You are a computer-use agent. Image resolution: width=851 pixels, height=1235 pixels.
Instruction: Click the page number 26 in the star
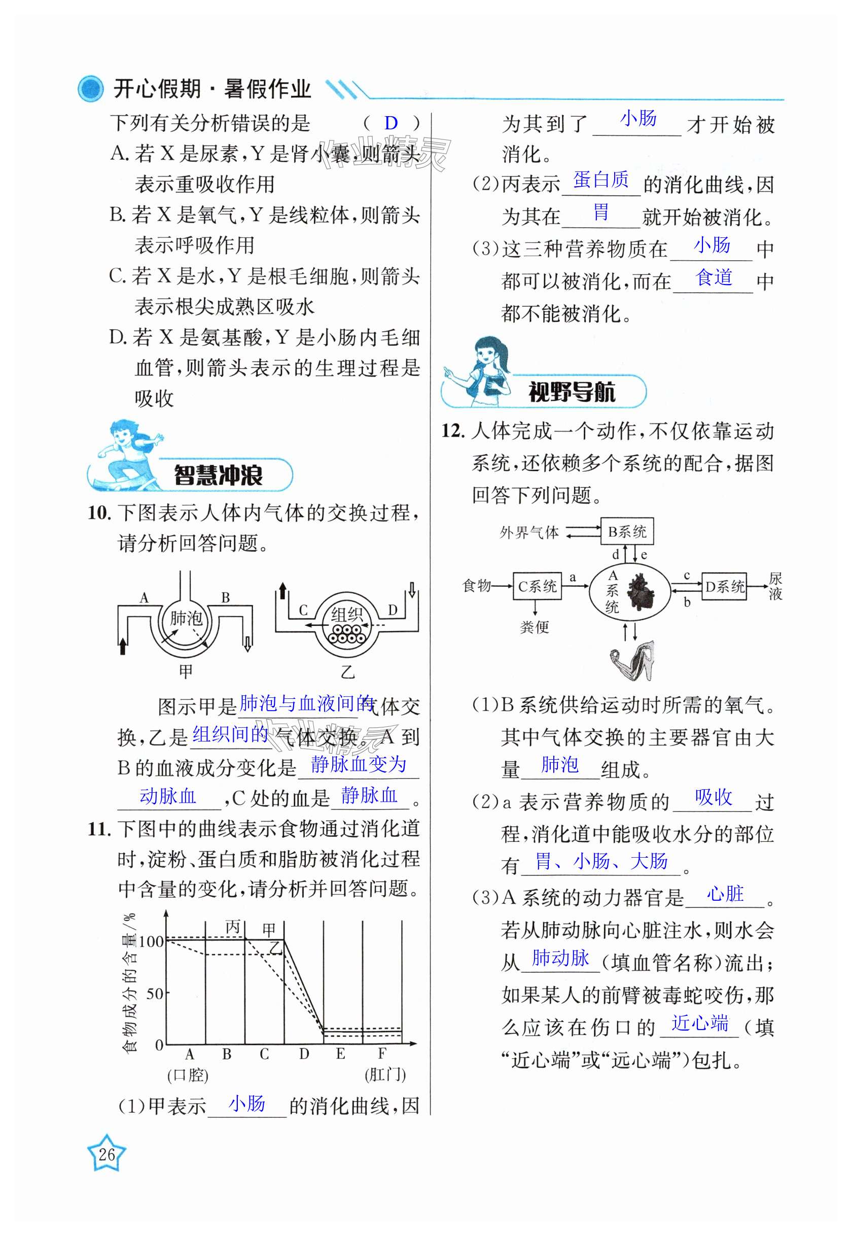click(x=107, y=1154)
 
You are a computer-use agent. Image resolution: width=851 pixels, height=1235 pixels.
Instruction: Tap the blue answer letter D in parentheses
click(x=391, y=123)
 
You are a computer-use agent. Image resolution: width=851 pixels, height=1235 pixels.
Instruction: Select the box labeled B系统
click(x=626, y=531)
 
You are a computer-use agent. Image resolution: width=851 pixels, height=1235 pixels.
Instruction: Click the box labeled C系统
click(x=537, y=586)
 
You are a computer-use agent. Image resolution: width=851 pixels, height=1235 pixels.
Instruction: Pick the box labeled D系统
click(x=724, y=587)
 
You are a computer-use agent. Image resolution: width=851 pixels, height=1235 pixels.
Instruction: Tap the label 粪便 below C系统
click(x=534, y=627)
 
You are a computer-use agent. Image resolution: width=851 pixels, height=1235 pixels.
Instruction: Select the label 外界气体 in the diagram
click(x=529, y=532)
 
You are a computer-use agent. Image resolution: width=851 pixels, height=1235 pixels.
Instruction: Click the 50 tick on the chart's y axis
click(x=155, y=994)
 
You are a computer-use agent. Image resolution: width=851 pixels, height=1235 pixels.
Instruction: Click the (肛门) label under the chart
click(x=385, y=1075)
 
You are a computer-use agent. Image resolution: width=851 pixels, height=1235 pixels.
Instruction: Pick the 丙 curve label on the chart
click(x=233, y=927)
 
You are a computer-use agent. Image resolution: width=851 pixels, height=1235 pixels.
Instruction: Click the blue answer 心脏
click(x=725, y=894)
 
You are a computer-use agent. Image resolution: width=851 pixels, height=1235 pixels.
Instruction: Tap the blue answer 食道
click(x=714, y=278)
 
